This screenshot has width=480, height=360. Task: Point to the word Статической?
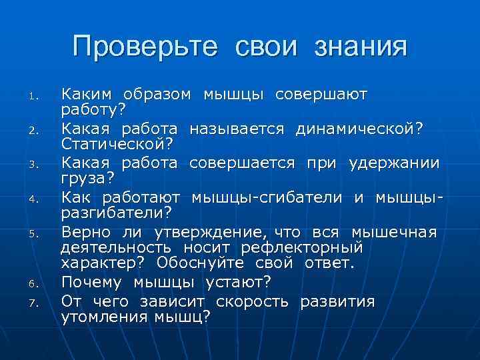tap(117, 143)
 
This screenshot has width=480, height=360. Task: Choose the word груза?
tap(88, 178)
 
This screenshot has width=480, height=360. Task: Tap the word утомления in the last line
tap(101, 317)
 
